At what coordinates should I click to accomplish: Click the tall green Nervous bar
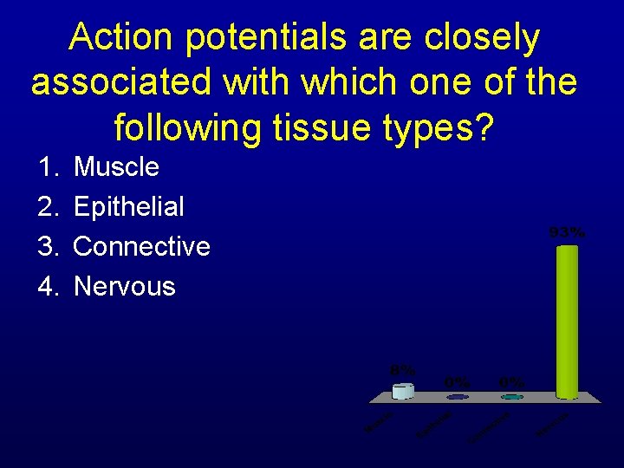567,321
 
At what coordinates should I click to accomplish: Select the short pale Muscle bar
403,391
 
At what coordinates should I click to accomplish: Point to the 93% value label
567,232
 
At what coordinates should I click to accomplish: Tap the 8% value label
402,369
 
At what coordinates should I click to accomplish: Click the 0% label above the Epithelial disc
458,381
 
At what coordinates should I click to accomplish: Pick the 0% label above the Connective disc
511,381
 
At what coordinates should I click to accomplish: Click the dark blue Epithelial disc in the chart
458,397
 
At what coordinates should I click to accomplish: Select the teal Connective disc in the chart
511,397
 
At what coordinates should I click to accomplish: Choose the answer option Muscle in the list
116,166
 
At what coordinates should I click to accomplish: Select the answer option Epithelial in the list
129,206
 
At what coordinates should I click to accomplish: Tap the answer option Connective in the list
142,246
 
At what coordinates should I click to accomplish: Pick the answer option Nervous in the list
125,286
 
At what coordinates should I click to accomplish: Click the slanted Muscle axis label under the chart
380,422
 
